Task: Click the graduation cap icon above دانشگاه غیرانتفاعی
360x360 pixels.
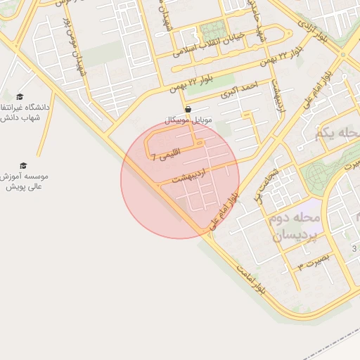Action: pyautogui.click(x=20, y=96)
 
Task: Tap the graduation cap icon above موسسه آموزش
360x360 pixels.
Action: pyautogui.click(x=23, y=165)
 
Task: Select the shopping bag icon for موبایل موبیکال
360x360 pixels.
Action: pyautogui.click(x=188, y=110)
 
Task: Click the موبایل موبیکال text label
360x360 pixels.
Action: pyautogui.click(x=188, y=120)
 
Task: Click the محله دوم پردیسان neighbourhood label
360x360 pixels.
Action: pyautogui.click(x=295, y=226)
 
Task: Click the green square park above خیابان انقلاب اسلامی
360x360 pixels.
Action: pyautogui.click(x=210, y=32)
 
